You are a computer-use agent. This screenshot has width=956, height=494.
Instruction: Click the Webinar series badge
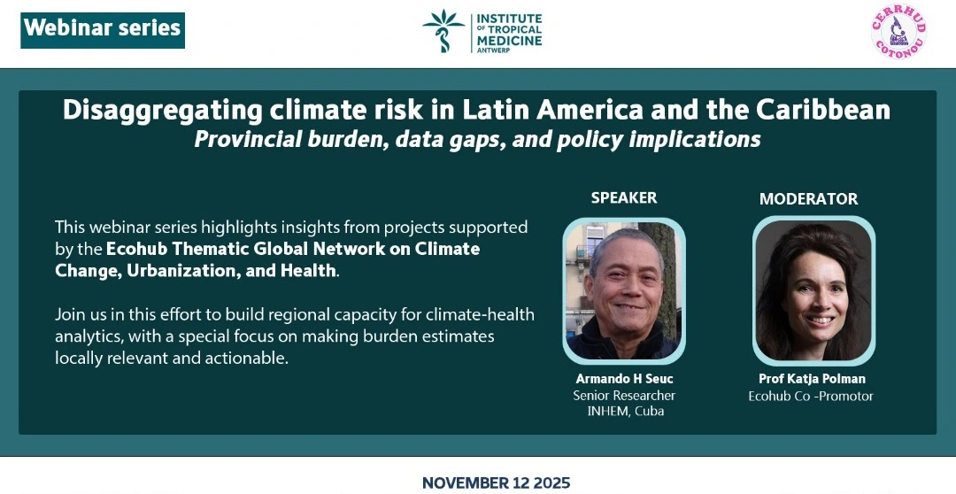(x=103, y=30)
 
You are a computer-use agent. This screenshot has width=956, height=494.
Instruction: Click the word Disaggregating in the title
(x=162, y=111)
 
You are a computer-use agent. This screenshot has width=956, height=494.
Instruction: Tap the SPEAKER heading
(x=624, y=197)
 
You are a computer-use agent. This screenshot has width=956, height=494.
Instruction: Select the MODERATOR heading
(x=808, y=199)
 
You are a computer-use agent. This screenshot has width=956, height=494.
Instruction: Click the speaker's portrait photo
(x=624, y=291)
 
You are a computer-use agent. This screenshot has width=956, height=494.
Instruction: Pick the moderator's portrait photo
(x=814, y=290)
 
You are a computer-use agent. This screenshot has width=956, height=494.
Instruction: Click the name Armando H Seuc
(x=624, y=379)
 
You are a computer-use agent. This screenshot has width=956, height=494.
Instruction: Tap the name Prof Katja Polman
(x=812, y=379)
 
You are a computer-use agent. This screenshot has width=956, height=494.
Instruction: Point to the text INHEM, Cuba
(x=625, y=411)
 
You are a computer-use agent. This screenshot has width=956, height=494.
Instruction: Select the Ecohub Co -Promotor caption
(x=811, y=397)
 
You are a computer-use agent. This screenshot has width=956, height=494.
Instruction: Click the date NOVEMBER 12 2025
(x=496, y=483)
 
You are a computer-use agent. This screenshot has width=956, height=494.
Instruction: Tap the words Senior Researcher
(x=624, y=395)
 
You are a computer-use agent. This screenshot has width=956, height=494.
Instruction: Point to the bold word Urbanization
(x=181, y=271)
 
